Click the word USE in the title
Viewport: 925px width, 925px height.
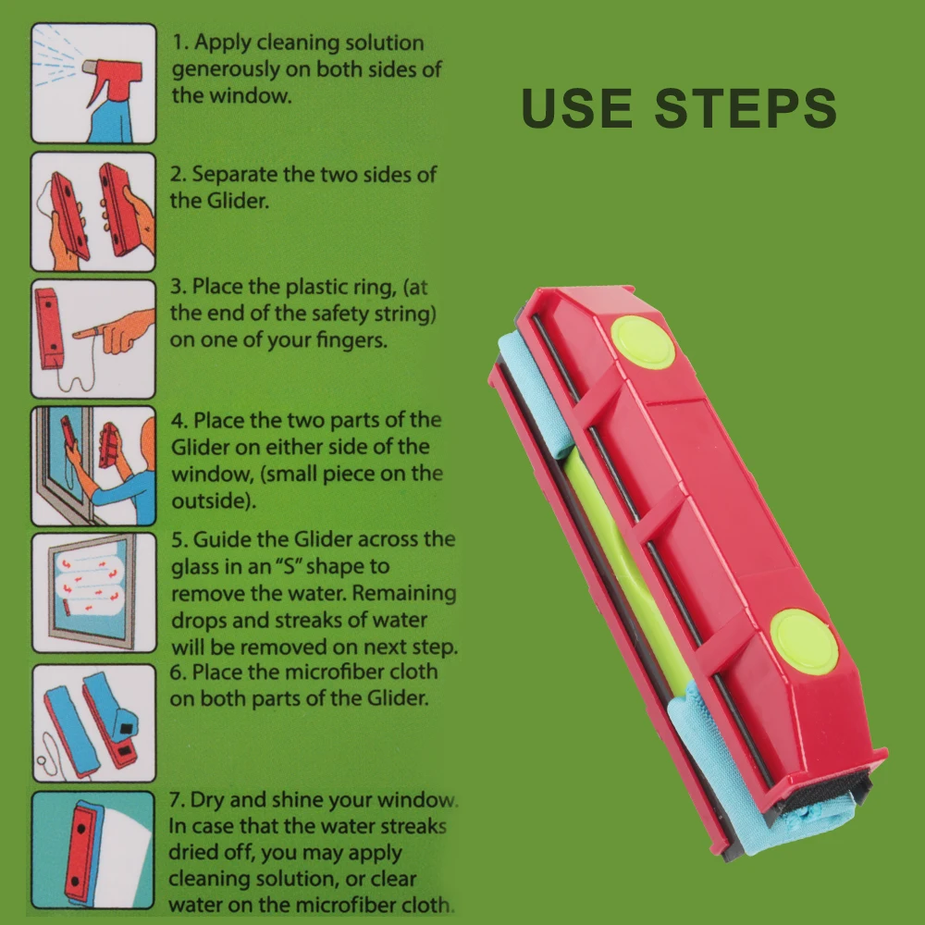tap(577, 107)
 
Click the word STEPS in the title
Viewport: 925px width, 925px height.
tap(746, 107)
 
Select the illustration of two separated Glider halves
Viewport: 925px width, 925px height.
tap(93, 212)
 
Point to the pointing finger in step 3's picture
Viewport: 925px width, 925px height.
tap(116, 331)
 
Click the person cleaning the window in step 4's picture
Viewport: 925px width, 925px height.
tap(127, 472)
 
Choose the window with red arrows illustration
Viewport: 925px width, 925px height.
tap(93, 592)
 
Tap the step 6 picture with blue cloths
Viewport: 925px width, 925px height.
tap(93, 722)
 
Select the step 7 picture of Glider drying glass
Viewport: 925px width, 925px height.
tap(93, 849)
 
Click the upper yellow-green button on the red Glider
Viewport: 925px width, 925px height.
tap(643, 342)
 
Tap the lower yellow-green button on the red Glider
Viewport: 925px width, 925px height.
tap(804, 641)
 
